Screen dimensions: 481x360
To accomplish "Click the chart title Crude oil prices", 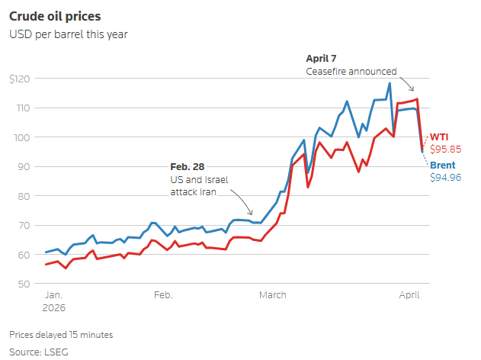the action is click(x=55, y=17).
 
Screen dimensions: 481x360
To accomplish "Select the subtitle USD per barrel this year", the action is click(x=69, y=34).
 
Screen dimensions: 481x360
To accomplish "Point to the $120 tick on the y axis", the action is click(x=20, y=79).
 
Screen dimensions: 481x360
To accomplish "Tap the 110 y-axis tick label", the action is click(x=24, y=108).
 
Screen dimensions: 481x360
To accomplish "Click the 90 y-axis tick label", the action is click(x=24, y=166).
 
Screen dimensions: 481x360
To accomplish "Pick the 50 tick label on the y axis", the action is click(x=24, y=284).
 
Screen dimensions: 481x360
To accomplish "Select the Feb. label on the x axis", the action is click(x=163, y=295).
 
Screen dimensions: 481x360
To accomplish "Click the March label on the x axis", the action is click(x=273, y=295).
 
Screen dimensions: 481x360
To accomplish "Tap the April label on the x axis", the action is click(x=409, y=295).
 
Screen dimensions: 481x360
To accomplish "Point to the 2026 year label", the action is click(x=54, y=308).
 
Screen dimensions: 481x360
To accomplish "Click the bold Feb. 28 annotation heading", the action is click(x=187, y=166).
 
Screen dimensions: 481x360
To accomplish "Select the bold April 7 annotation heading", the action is click(x=321, y=58).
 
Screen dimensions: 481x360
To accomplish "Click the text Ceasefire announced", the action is click(x=351, y=72).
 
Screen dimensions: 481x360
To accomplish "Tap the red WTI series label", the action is click(x=439, y=137).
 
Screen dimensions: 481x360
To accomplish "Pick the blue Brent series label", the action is click(x=443, y=165).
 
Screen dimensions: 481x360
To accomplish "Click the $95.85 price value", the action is click(x=445, y=149).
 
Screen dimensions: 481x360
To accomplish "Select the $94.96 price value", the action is click(x=446, y=178).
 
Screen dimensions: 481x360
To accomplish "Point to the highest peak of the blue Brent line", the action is click(x=390, y=83).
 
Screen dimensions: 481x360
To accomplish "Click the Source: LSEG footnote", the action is click(x=39, y=352).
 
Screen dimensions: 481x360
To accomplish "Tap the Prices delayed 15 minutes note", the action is click(x=61, y=335).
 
